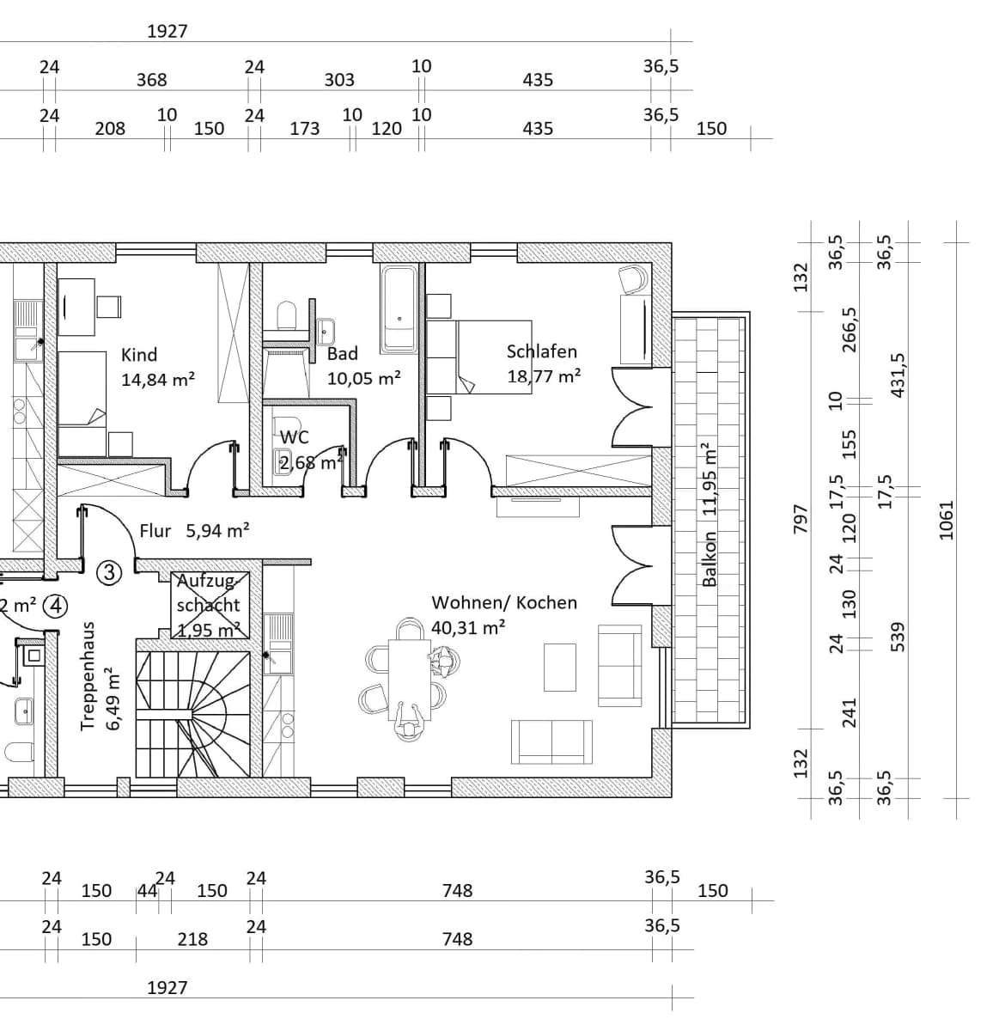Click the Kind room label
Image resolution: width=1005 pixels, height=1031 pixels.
pyautogui.click(x=139, y=355)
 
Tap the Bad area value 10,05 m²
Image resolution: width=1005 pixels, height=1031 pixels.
pyautogui.click(x=364, y=378)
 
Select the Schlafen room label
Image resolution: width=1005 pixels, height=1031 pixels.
pyautogui.click(x=541, y=351)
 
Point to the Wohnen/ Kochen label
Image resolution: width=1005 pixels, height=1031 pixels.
pyautogui.click(x=504, y=602)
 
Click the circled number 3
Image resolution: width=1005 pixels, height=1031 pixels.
pyautogui.click(x=109, y=573)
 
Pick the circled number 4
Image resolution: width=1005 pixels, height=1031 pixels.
pyautogui.click(x=56, y=606)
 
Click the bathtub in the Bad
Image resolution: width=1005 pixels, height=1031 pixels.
pyautogui.click(x=399, y=310)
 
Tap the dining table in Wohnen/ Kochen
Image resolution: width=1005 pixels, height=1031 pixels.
pyautogui.click(x=409, y=680)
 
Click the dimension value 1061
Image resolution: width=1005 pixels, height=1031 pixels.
pyautogui.click(x=946, y=520)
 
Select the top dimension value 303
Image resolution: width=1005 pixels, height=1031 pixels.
pyautogui.click(x=339, y=80)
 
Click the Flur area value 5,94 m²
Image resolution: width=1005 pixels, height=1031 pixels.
pyautogui.click(x=217, y=530)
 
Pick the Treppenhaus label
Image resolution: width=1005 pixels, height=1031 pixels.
pyautogui.click(x=88, y=676)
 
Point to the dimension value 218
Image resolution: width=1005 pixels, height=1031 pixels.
pyautogui.click(x=192, y=939)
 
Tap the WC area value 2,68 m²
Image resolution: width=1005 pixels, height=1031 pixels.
pyautogui.click(x=311, y=463)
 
